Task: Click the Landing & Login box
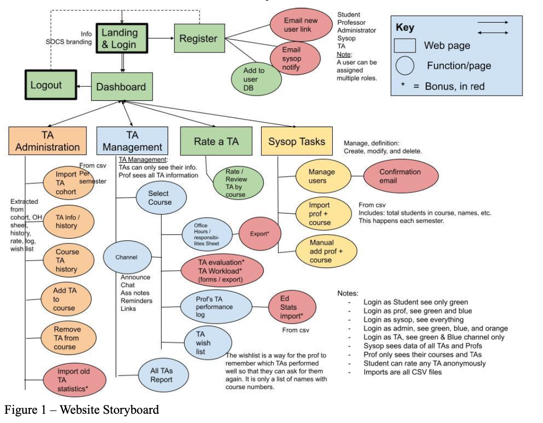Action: (x=119, y=38)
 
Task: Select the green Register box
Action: (x=198, y=38)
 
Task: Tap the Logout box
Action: (x=46, y=85)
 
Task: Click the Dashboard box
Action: (x=121, y=87)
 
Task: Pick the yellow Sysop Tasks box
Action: (x=297, y=141)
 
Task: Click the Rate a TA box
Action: (x=216, y=141)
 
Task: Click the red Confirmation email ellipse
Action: (x=400, y=176)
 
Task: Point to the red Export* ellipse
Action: (x=259, y=234)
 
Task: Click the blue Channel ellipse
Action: (x=126, y=257)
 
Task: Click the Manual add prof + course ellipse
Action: (x=321, y=251)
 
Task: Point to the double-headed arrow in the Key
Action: (x=493, y=32)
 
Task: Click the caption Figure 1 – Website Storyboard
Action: (x=82, y=410)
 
